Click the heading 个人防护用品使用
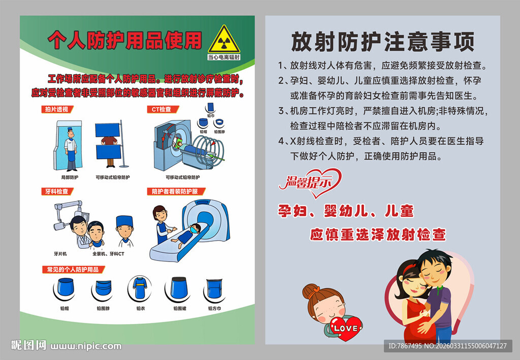(124, 41)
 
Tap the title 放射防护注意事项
(382, 42)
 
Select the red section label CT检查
(162, 109)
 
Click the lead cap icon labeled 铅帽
(64, 289)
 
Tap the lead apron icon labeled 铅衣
(141, 289)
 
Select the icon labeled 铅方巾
(215, 289)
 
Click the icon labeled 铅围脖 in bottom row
(103, 290)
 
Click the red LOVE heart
(346, 328)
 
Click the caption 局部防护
(70, 177)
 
